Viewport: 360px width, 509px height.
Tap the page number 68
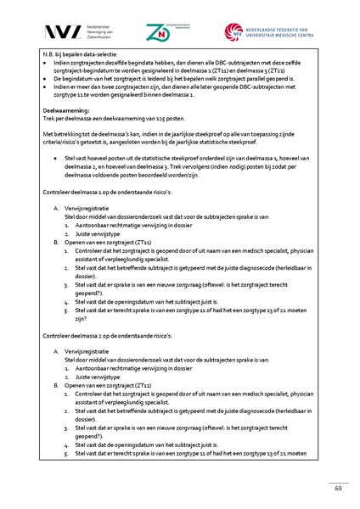coord(338,489)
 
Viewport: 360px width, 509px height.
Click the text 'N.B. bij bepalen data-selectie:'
coord(81,53)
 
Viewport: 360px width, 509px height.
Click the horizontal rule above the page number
coord(180,480)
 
